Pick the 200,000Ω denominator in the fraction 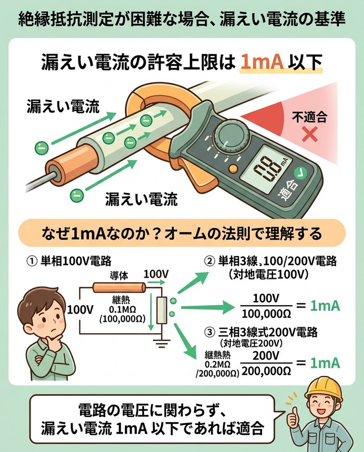(x=266, y=371)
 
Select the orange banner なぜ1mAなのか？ (x=182, y=233)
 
